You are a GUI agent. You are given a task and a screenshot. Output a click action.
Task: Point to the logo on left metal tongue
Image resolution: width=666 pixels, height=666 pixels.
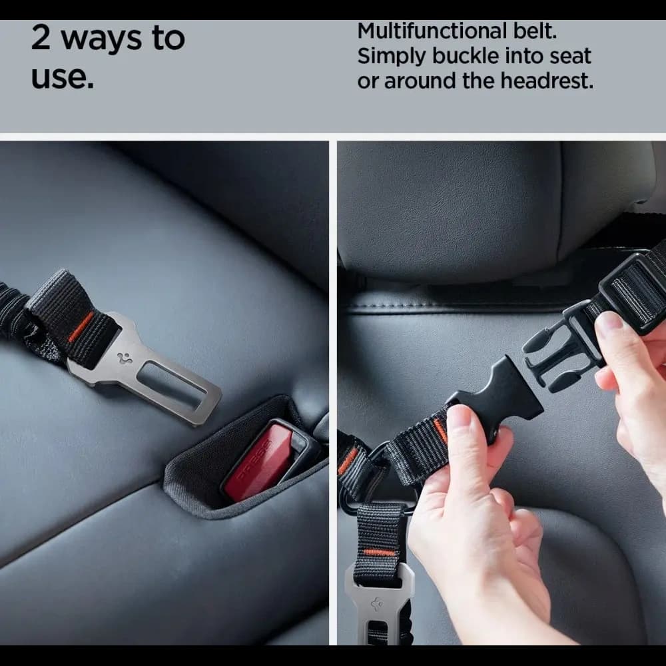[124, 357]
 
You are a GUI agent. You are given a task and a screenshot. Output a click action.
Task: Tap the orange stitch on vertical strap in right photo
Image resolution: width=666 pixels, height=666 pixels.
[379, 552]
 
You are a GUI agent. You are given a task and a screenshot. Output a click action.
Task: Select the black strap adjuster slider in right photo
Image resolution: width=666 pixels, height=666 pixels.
[633, 286]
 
